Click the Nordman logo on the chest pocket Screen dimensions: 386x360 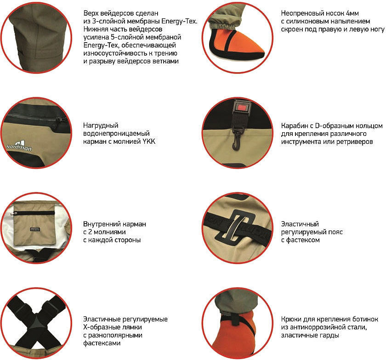coord(20,145)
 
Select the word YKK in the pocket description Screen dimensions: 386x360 coord(149,141)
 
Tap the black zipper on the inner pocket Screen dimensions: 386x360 coord(34,213)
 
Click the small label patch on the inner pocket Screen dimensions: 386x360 coord(35,229)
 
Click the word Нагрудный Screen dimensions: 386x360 coord(101,126)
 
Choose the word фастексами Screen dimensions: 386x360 coord(102,343)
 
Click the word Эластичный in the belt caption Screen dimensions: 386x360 coord(300,224)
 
